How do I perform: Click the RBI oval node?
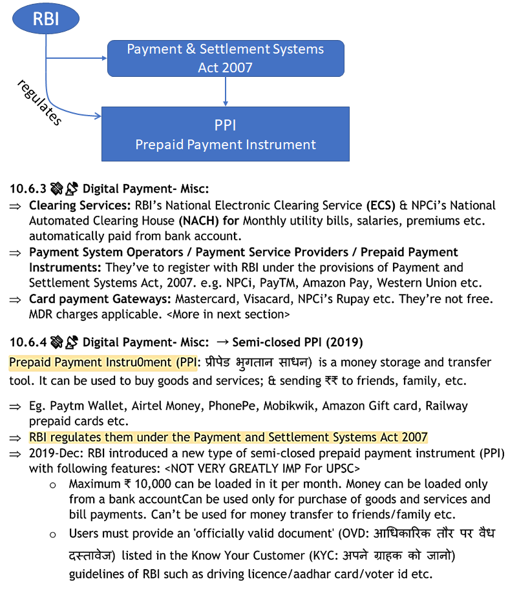click(x=46, y=18)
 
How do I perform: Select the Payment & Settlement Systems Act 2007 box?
click(x=225, y=58)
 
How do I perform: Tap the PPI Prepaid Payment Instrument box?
click(x=225, y=134)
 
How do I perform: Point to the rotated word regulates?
click(x=39, y=102)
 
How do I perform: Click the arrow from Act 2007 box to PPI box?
click(x=225, y=91)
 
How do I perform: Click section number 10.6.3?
click(x=27, y=189)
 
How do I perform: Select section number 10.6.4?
click(x=27, y=342)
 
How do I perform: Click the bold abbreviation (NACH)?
click(x=200, y=221)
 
